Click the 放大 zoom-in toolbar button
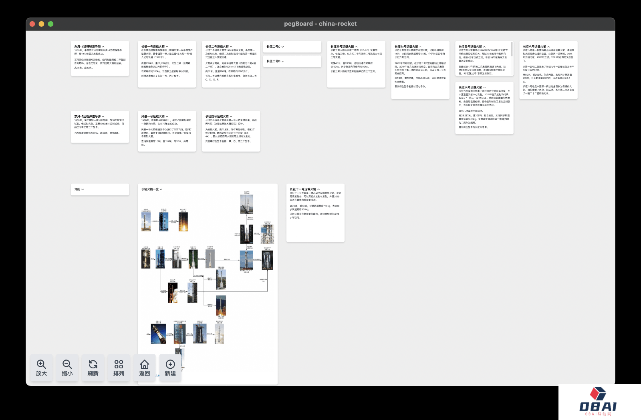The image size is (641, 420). coord(41,368)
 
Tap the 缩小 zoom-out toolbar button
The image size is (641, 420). coord(67,368)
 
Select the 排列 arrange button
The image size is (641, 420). coord(119,368)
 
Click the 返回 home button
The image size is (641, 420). coord(144,368)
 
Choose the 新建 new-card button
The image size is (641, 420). coord(170,368)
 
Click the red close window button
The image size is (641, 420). coord(32,24)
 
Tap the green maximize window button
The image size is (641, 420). coord(51,24)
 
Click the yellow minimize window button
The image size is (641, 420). coord(42,24)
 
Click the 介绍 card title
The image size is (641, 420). coord(77,189)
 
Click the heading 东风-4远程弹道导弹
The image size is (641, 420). coord(87,47)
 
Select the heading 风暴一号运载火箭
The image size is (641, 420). coord(153,117)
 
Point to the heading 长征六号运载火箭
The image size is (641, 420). coord(470,87)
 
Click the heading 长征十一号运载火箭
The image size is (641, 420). coord(303,189)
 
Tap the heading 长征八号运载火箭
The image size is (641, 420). coord(534,47)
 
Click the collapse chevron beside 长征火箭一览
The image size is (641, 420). coord(161,189)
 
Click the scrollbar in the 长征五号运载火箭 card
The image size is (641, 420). coord(512,49)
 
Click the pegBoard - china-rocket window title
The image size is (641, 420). coord(320,24)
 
